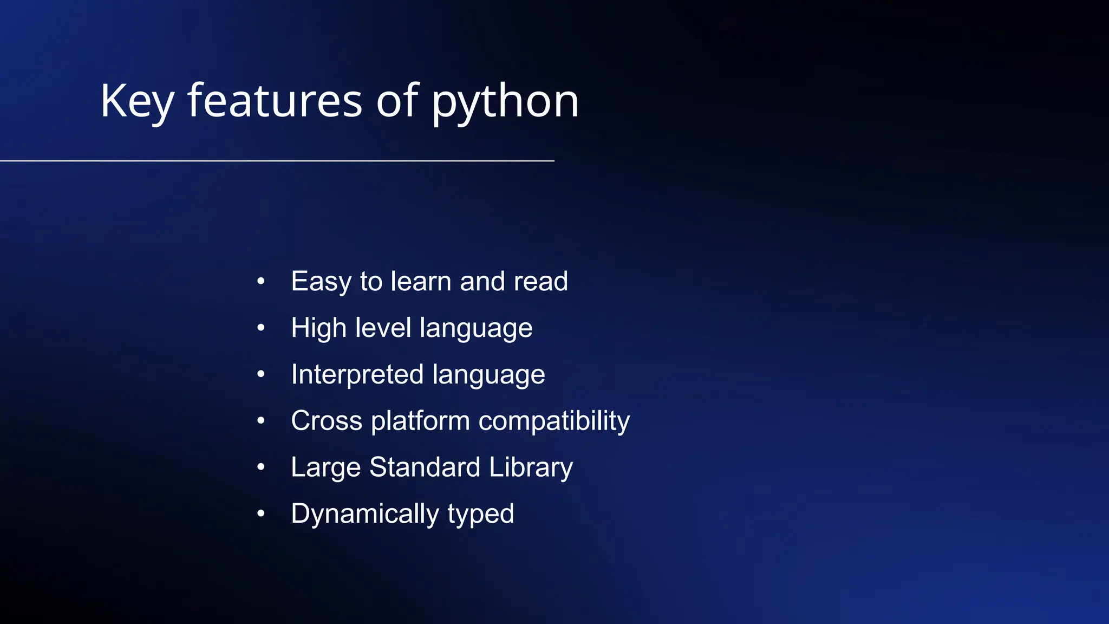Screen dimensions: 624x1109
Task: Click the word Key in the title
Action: coord(137,102)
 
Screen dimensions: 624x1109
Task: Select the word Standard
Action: coord(425,467)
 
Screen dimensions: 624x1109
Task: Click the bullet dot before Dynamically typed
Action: coord(261,513)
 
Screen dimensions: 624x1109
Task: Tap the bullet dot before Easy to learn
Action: coord(261,281)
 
